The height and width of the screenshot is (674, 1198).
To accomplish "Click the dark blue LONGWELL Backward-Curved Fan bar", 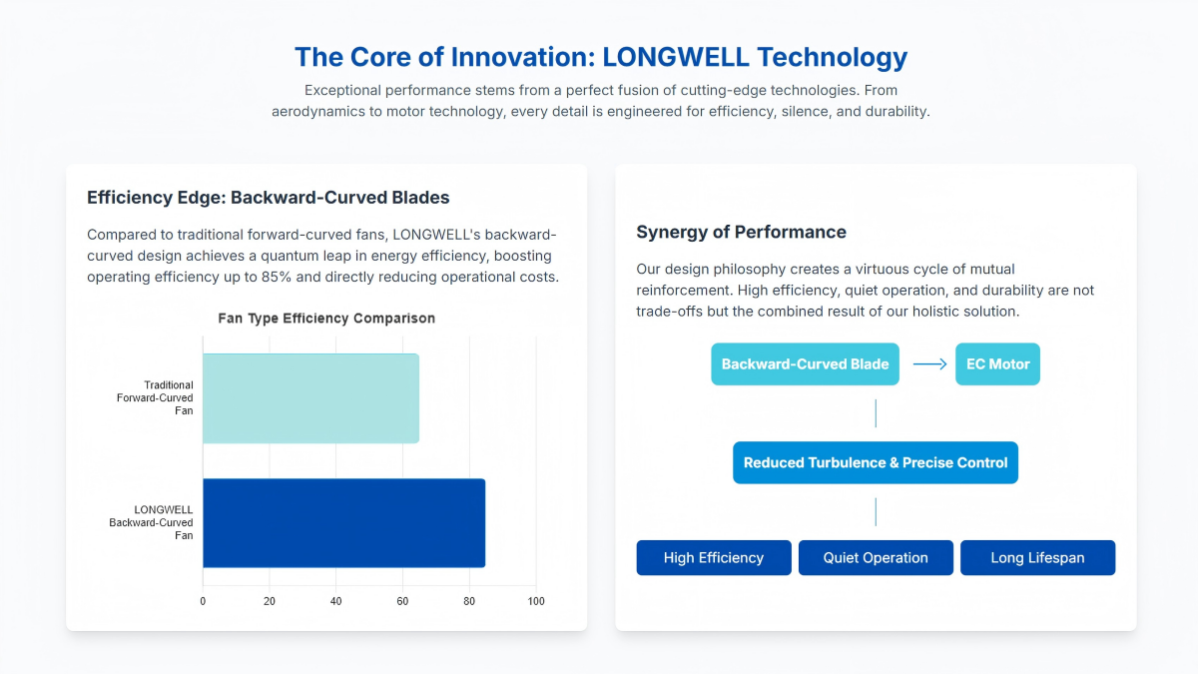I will click(x=343, y=523).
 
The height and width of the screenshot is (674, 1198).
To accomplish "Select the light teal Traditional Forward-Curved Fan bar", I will click(x=310, y=398).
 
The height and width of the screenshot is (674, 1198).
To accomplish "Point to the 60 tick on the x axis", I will click(x=402, y=601).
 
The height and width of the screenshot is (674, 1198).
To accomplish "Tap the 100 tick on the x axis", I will click(x=536, y=601).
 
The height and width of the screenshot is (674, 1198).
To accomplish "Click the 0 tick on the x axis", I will click(x=203, y=601).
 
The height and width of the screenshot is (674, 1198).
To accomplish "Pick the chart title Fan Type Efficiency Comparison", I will click(x=326, y=319).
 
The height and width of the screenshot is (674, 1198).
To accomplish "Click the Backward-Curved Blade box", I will click(x=805, y=364).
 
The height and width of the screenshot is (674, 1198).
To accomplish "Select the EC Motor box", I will click(x=997, y=364).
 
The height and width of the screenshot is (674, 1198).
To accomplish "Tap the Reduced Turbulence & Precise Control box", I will click(x=876, y=463).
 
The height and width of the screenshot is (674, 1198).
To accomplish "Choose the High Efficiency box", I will click(x=714, y=558).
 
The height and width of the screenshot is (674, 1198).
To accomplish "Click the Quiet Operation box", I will click(x=876, y=558).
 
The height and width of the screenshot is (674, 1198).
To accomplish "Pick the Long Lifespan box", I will click(x=1037, y=558).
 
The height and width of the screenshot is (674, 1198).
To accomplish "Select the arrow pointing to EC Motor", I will click(x=929, y=364).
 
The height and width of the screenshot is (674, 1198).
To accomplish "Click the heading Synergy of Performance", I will click(x=741, y=232).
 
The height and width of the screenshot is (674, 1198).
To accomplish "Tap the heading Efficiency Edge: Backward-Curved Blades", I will click(x=268, y=197).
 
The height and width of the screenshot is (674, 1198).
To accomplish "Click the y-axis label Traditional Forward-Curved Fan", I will click(x=168, y=397).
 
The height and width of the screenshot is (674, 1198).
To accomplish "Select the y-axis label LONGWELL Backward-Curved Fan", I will click(x=164, y=522).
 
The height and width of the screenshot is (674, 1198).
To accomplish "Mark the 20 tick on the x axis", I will click(x=270, y=601).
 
